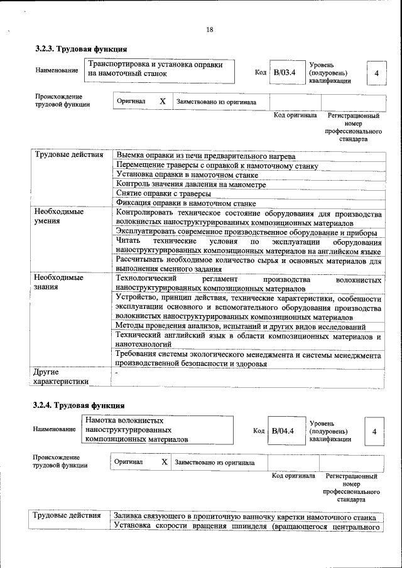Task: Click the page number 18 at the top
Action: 210,30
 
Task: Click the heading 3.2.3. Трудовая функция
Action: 81,48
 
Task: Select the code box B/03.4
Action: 285,73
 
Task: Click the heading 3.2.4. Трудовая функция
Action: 79,405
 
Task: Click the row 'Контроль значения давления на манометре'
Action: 191,185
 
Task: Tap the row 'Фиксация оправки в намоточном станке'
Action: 185,203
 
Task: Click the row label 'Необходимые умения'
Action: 59,217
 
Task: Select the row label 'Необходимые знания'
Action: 59,282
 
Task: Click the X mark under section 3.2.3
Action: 162,101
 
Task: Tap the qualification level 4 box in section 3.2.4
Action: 374,432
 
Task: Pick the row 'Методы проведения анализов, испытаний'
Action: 241,327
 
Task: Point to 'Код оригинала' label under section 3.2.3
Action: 296,115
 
